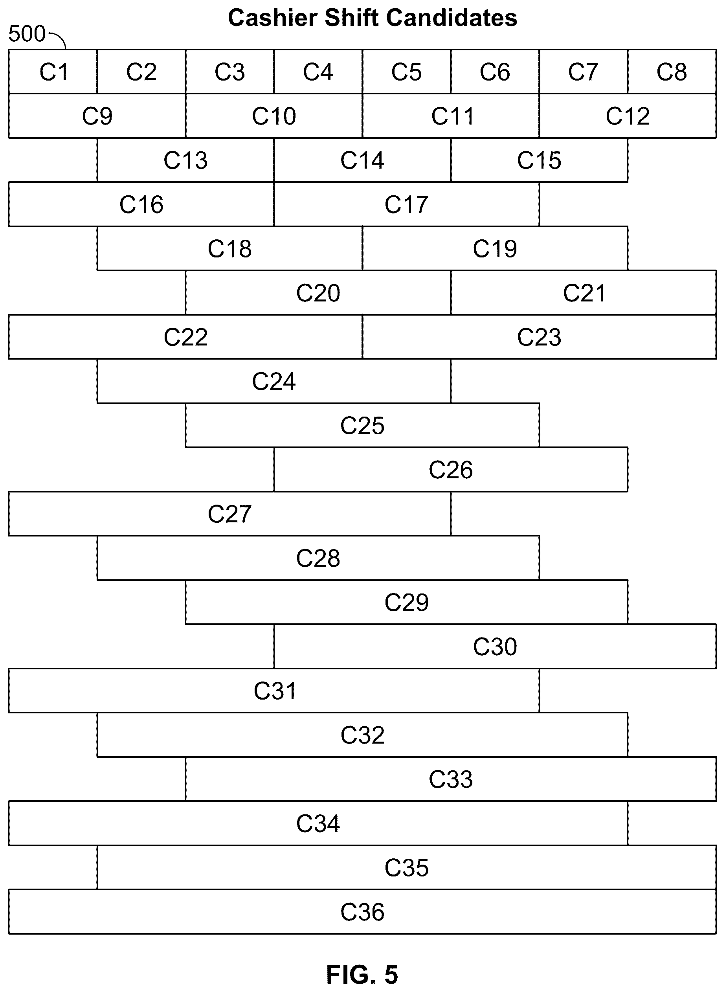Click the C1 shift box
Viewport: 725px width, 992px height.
pyautogui.click(x=53, y=72)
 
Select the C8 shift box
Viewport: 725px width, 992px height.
pyautogui.click(x=672, y=72)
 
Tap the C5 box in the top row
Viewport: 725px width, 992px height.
pyautogui.click(x=406, y=72)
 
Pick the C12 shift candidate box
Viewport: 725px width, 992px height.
pyautogui.click(x=628, y=116)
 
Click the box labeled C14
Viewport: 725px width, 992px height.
pyautogui.click(x=362, y=160)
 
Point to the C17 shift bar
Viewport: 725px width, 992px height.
pyautogui.click(x=406, y=204)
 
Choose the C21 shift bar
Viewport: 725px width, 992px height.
pyautogui.click(x=584, y=292)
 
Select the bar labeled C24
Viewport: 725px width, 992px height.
pyautogui.click(x=274, y=381)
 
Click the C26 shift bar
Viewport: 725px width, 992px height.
pyautogui.click(x=451, y=469)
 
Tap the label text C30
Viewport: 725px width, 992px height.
pyautogui.click(x=495, y=647)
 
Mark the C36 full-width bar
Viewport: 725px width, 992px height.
pyautogui.click(x=362, y=912)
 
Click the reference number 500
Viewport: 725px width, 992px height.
pyautogui.click(x=27, y=34)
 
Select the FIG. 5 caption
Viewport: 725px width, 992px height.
pyautogui.click(x=362, y=974)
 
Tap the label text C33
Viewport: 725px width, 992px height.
pyautogui.click(x=451, y=779)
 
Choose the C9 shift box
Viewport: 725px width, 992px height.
pyautogui.click(x=97, y=116)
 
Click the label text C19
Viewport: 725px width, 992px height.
pyautogui.click(x=495, y=248)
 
